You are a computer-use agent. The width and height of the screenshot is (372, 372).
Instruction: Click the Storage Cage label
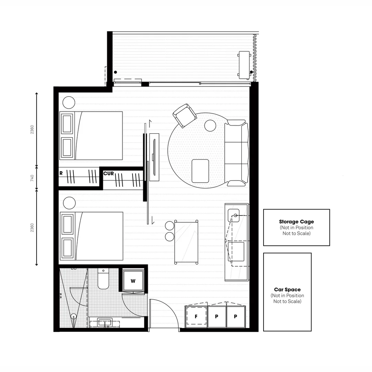click(296, 222)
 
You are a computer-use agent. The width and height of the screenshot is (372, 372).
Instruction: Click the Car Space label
click(287, 290)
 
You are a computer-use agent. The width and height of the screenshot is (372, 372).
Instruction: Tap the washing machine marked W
click(133, 281)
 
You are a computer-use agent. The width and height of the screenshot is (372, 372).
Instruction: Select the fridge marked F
click(196, 317)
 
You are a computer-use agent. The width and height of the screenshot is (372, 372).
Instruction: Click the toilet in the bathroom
click(103, 279)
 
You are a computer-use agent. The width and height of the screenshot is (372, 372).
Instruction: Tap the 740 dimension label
click(32, 178)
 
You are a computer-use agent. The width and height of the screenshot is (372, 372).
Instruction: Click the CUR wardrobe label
click(108, 174)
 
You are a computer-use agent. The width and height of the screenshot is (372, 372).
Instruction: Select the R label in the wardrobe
click(61, 173)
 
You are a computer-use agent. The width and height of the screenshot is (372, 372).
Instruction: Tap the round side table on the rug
click(210, 125)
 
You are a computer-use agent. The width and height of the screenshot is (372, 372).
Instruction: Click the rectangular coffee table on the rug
click(200, 170)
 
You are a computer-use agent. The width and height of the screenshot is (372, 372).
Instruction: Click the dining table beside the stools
click(186, 242)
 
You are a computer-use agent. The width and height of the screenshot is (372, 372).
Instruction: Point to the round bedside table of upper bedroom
click(69, 102)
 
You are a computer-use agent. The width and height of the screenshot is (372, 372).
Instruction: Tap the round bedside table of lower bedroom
click(69, 203)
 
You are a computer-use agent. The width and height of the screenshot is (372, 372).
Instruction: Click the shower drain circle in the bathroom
click(73, 316)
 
